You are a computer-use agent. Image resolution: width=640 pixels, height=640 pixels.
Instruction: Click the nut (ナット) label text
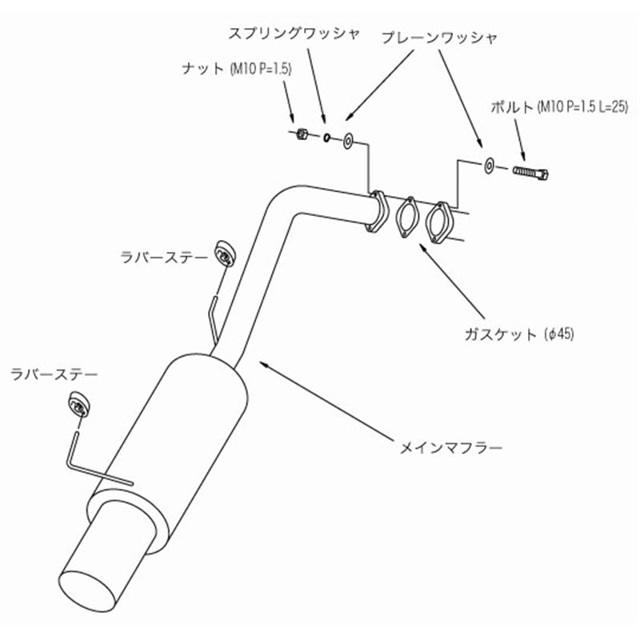coord(237,69)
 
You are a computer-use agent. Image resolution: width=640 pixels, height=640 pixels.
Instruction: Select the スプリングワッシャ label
coord(294,34)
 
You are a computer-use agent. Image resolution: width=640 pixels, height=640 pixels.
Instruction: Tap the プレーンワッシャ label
coord(439,38)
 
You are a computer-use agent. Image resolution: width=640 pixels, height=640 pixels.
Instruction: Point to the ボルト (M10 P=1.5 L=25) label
coord(559,107)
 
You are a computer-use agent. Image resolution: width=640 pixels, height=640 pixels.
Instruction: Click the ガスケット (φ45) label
coord(519,334)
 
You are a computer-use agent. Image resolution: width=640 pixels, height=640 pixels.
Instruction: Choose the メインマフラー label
coord(451,448)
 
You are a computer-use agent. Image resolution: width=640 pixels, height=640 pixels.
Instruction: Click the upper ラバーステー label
coord(164,257)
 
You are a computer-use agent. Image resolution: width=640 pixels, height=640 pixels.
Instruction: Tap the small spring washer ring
coord(326,138)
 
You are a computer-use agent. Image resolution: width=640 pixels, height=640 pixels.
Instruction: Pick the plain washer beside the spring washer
coord(348,141)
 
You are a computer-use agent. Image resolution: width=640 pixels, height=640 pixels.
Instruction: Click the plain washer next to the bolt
coord(489,165)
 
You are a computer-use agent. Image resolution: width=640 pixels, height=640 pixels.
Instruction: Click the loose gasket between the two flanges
coord(406,217)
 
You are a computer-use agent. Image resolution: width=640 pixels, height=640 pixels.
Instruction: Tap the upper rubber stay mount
coord(225,254)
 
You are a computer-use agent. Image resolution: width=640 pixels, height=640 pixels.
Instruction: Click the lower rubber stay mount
coord(78,404)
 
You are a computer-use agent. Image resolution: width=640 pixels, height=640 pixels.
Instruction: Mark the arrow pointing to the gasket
coord(453,282)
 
